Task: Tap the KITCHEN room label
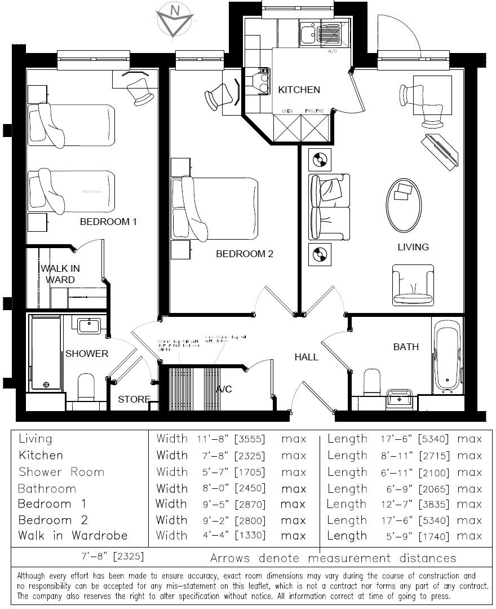point(299,90)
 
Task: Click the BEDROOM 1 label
point(108,222)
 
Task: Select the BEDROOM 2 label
point(245,254)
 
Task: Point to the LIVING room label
point(413,247)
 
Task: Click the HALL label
point(306,357)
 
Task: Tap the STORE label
point(134,400)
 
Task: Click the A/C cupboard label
point(224,390)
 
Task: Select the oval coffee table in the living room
point(403,205)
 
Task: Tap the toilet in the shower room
point(86,386)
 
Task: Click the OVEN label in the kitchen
point(287,112)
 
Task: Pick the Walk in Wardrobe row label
point(73,536)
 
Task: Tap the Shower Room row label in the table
point(61,472)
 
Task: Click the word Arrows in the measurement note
point(231,558)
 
